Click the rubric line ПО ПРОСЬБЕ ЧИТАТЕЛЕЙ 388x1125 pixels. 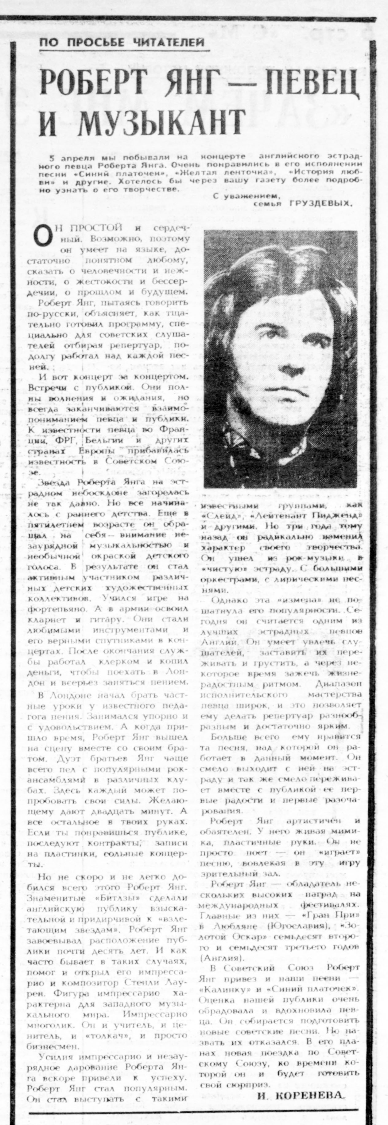[x=122, y=42]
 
